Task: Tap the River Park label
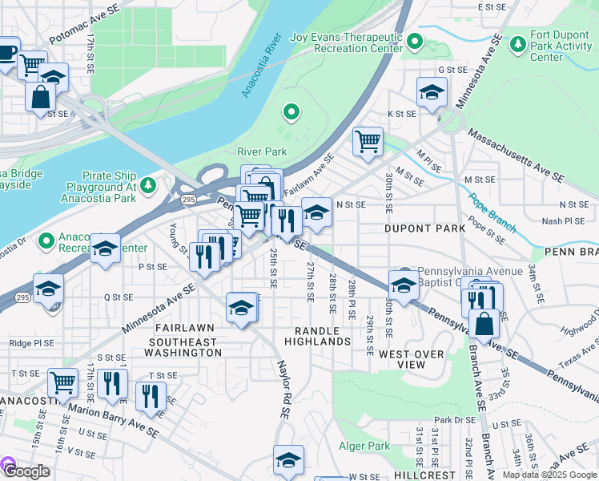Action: (262, 152)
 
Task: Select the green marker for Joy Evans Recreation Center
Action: (414, 41)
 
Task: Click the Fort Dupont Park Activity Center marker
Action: (518, 41)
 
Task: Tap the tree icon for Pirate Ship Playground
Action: (147, 186)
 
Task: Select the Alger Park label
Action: (365, 446)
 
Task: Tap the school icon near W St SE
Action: (288, 459)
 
